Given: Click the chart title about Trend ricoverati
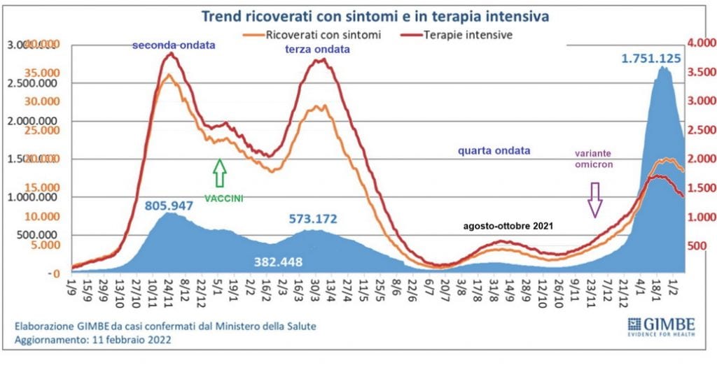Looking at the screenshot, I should tap(374, 15).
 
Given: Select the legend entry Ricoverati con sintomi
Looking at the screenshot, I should tap(315, 34).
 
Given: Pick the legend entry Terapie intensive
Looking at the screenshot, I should tap(461, 34).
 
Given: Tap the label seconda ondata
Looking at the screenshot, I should tap(174, 45).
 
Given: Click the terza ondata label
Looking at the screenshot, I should tap(317, 50).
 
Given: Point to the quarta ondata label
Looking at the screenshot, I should tap(494, 150).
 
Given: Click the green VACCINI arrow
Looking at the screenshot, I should tap(220, 173).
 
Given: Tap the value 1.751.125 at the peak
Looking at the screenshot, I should tap(650, 58).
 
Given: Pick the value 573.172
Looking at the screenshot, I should tap(313, 219).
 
